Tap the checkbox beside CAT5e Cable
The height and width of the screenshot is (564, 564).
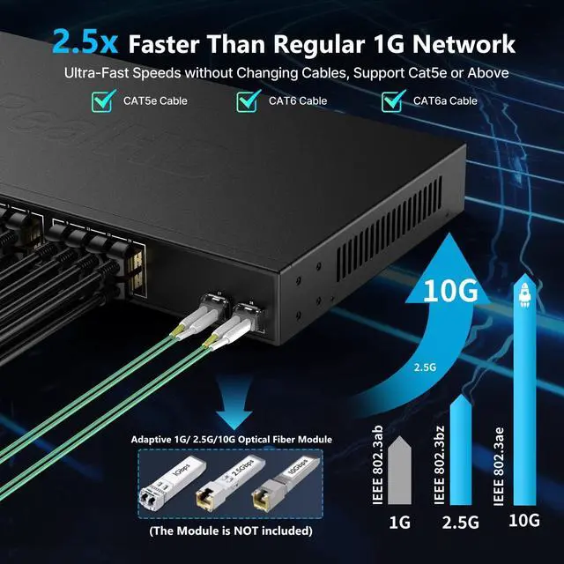pos(103,101)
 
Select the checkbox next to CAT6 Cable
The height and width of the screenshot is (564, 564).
pos(248,101)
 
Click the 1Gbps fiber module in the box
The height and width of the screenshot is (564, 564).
pos(173,481)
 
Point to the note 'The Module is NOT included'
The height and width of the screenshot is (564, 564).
pos(224,531)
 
